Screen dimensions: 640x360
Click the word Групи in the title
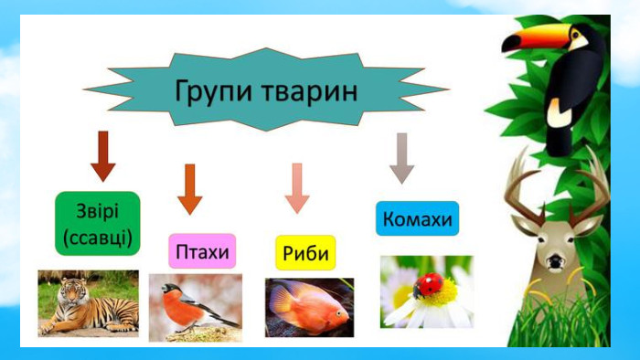coord(214,91)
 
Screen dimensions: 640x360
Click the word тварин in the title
coord(310,91)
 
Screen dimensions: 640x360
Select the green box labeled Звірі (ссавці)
coord(98,224)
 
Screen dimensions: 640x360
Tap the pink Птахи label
coord(202,251)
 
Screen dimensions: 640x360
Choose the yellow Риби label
coord(305,253)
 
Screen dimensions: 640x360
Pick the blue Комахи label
coord(417,218)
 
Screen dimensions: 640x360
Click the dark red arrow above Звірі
coord(103,156)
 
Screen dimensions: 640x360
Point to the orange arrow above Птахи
coord(190,189)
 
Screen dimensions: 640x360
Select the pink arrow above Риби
coord(297,188)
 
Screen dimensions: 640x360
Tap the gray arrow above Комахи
coord(402,158)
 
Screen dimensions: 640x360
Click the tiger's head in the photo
coord(72,291)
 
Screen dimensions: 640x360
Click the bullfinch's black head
coord(171,288)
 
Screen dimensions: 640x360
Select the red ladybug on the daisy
coord(428,285)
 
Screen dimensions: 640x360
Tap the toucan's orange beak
coord(538,37)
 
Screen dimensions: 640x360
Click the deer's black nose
coord(555,261)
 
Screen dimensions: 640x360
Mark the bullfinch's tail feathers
coord(226,321)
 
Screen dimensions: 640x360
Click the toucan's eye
coord(575,35)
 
